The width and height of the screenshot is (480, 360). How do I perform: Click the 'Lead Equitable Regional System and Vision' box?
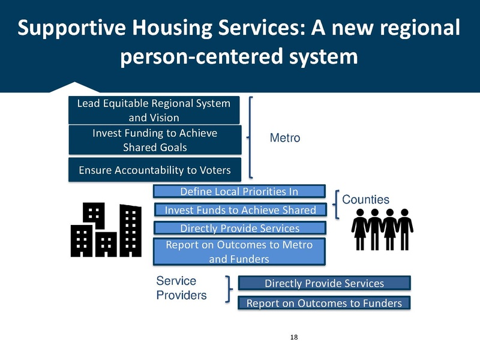pyautogui.click(x=154, y=110)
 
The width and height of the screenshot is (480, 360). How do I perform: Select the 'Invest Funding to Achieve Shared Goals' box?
pyautogui.click(x=154, y=140)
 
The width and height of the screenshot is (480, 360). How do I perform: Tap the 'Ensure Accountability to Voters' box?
pyautogui.click(x=154, y=170)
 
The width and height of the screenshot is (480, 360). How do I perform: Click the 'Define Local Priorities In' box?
pyautogui.click(x=239, y=191)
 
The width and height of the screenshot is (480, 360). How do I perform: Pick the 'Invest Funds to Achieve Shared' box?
pyautogui.click(x=239, y=209)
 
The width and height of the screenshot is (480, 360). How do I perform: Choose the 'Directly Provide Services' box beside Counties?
pyautogui.click(x=239, y=228)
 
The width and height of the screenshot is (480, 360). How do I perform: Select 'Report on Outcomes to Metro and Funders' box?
pyautogui.click(x=239, y=251)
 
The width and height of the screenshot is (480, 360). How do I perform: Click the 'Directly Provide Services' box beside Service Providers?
pyautogui.click(x=324, y=283)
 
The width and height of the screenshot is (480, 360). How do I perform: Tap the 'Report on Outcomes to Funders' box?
pyautogui.click(x=324, y=303)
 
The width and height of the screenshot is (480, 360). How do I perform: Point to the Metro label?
pyautogui.click(x=285, y=138)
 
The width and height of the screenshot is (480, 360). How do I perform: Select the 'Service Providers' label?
pyautogui.click(x=181, y=288)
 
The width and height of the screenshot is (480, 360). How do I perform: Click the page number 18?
pyautogui.click(x=293, y=337)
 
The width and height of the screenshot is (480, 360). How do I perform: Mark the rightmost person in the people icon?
pyautogui.click(x=405, y=229)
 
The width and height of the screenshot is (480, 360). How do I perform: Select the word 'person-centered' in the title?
pyautogui.click(x=199, y=58)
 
